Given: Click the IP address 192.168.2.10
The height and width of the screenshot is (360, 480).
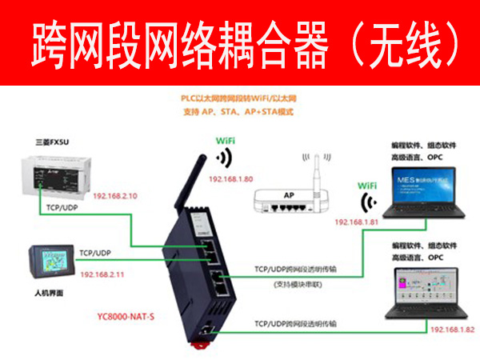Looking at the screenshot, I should (x=116, y=196).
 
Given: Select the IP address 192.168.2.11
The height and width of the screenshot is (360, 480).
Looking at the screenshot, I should (x=102, y=274).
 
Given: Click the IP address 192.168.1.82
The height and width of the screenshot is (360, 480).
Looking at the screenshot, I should (x=452, y=329).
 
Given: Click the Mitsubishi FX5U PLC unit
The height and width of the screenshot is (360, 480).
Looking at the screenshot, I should (x=59, y=176).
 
